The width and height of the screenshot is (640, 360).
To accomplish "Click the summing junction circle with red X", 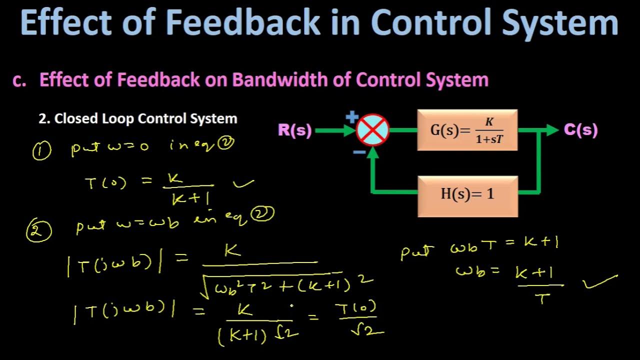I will pyautogui.click(x=372, y=129).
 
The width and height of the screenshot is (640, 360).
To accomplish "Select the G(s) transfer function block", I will pyautogui.click(x=467, y=130).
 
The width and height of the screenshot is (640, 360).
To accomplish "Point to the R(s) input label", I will pyautogui.click(x=295, y=131).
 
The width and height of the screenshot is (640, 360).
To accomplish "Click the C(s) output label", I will pyautogui.click(x=580, y=130).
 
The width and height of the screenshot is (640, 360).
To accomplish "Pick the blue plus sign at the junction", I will pyautogui.click(x=352, y=118).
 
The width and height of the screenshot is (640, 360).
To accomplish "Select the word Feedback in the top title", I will pyautogui.click(x=242, y=23).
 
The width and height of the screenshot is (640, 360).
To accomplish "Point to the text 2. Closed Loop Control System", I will pyautogui.click(x=138, y=119).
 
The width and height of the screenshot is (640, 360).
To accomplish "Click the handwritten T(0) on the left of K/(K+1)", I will pyautogui.click(x=105, y=183).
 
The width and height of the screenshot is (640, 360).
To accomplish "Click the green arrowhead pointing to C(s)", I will pyautogui.click(x=552, y=130).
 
